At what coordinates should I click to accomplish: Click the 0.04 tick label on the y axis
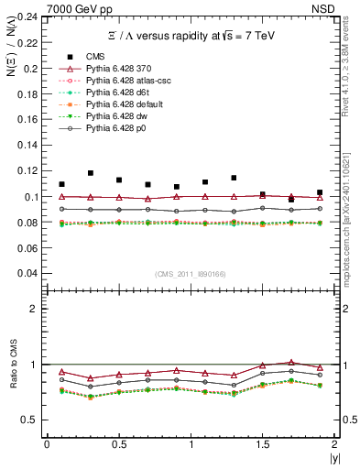tap(30, 273)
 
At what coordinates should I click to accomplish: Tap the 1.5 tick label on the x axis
tap(263, 444)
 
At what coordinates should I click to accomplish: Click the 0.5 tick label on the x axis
tap(118, 444)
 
